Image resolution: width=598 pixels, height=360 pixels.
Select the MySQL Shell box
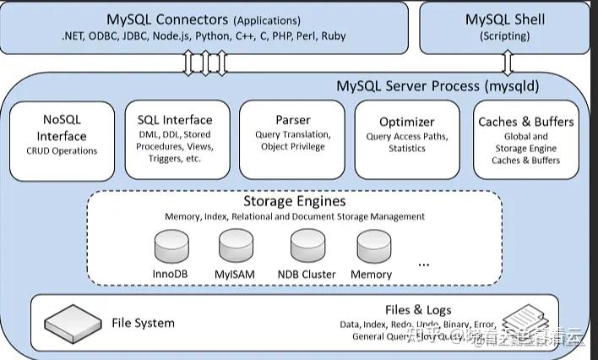coord(505,26)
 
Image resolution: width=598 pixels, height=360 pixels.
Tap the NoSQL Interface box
coord(61,139)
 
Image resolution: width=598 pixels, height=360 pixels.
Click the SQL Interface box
coord(175,139)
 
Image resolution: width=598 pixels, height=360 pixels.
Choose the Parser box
coord(292,139)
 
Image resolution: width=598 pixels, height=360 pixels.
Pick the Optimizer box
coord(406,139)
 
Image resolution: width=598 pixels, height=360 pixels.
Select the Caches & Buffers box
coord(525,139)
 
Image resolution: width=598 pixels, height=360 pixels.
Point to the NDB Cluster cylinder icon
coord(307,248)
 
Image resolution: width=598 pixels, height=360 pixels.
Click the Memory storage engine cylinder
coord(372,248)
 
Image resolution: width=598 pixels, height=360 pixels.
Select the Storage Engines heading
coord(294,202)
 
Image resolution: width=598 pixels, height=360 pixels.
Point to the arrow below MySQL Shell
coord(507,63)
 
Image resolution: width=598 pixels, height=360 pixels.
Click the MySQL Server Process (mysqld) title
coord(438,85)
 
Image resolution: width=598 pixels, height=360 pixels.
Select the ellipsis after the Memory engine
coord(423,263)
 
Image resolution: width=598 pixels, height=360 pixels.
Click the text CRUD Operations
coord(62,151)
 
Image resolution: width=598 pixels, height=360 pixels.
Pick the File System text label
coord(143,323)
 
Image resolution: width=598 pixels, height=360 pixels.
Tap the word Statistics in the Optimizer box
coord(406,149)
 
